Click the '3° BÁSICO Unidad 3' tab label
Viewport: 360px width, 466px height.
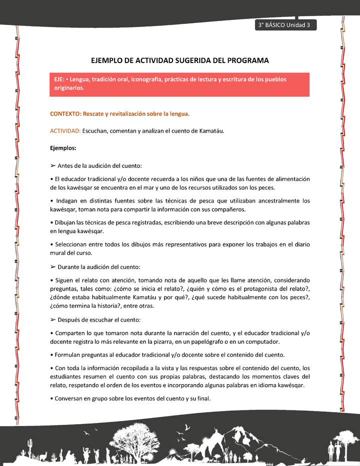click(x=284, y=25)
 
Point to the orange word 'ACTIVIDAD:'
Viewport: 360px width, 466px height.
click(x=65, y=131)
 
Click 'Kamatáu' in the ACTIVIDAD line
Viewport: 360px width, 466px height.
click(x=210, y=131)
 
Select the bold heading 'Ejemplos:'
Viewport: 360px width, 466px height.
click(x=63, y=148)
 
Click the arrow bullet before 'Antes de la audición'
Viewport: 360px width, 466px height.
click(x=53, y=165)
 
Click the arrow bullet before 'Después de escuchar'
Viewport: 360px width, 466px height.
click(x=53, y=319)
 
